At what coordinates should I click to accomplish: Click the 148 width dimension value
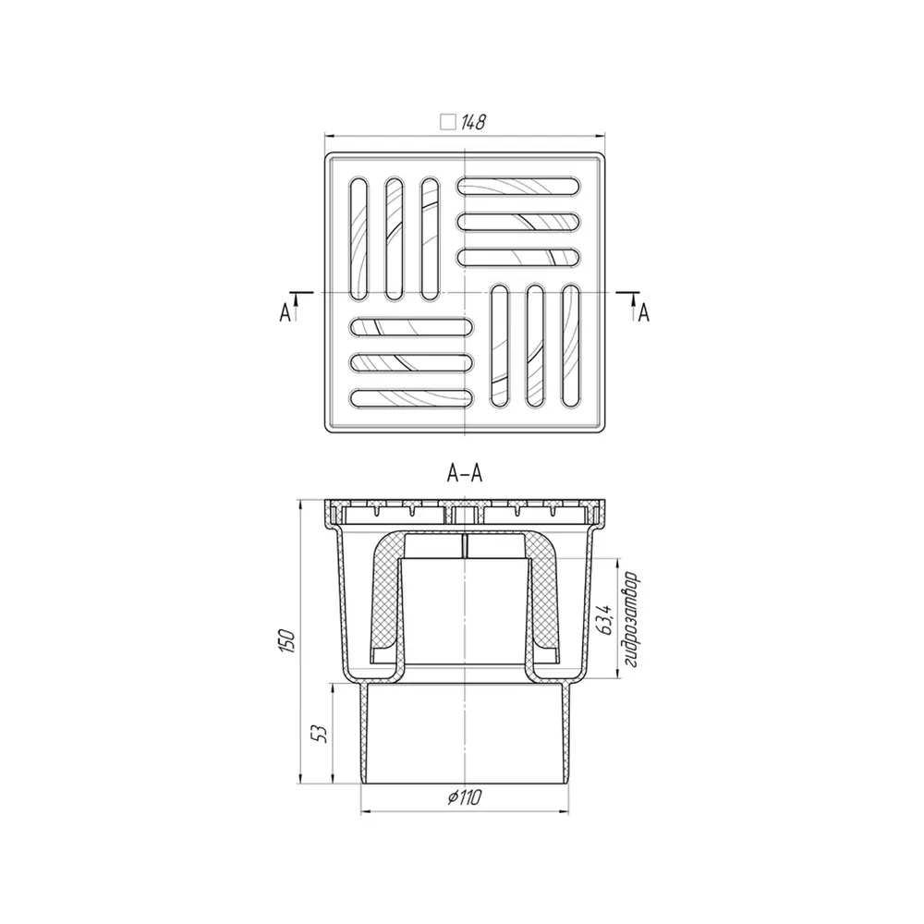click(x=473, y=122)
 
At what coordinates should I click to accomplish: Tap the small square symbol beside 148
click(x=448, y=122)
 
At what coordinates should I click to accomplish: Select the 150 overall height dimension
click(x=287, y=640)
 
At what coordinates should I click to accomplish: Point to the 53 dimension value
click(x=321, y=734)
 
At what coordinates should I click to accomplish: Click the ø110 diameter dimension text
click(x=465, y=797)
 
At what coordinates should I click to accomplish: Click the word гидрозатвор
click(x=632, y=619)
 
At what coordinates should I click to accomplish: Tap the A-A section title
click(x=465, y=473)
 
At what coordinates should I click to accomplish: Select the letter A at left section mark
click(x=285, y=313)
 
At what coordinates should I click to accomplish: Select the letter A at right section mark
click(x=644, y=313)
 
